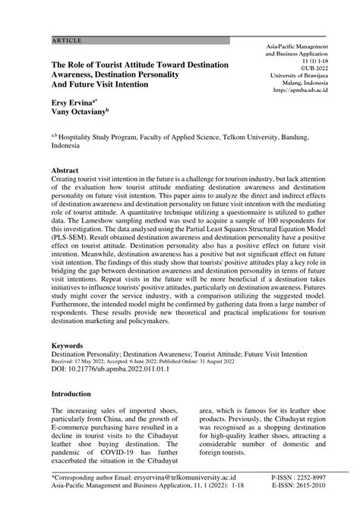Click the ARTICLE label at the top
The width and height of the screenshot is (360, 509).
coord(67,39)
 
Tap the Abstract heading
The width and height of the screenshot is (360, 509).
coord(67,172)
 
